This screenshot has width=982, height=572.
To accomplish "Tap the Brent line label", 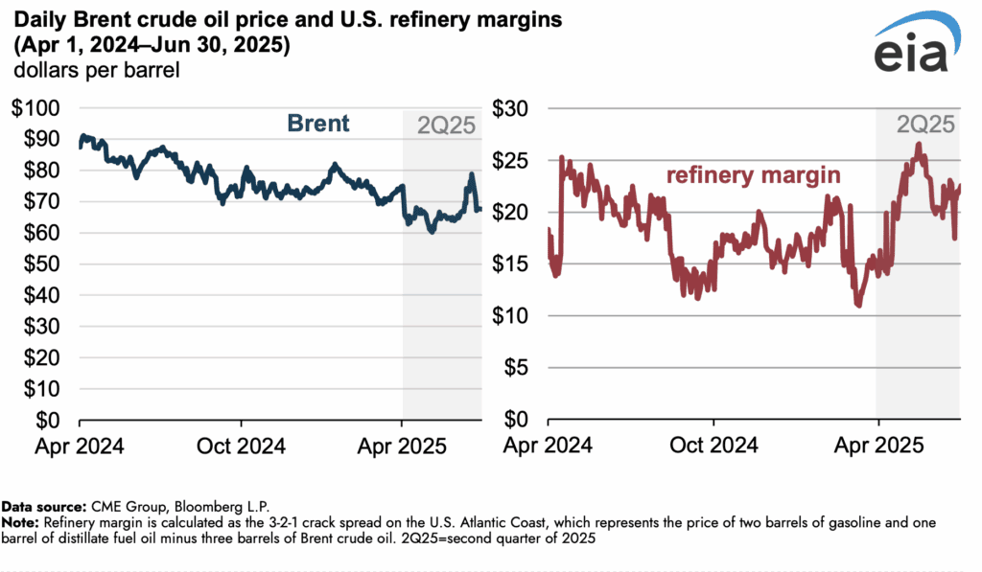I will (x=318, y=124).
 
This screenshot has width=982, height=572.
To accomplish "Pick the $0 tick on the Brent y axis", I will (x=46, y=421).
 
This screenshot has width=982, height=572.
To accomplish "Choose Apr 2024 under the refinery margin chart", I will (x=548, y=446).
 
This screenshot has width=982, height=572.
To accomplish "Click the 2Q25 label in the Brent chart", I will (x=445, y=125).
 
